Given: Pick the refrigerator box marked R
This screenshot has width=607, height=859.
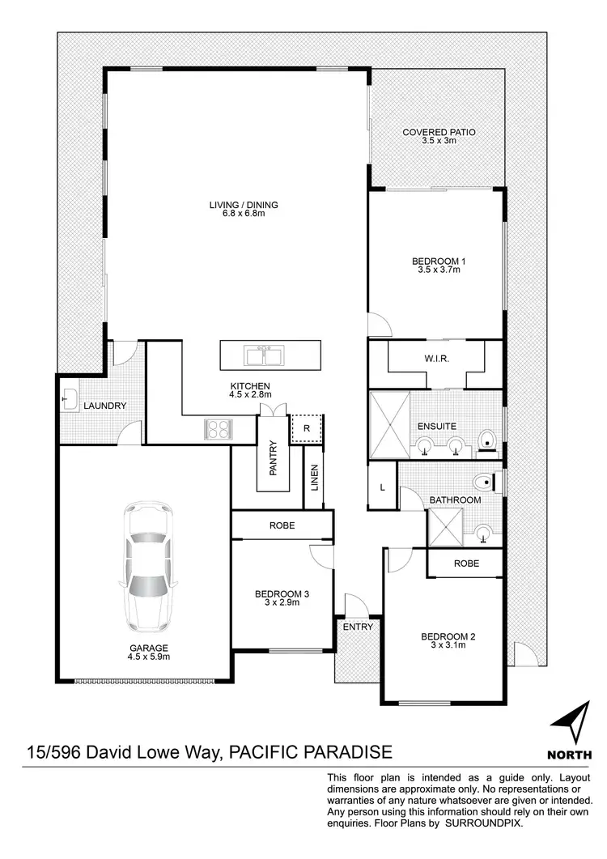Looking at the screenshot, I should [x=307, y=427].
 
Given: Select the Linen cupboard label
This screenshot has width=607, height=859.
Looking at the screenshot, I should [x=315, y=479].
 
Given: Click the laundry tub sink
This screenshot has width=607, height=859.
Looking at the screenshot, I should [x=69, y=399].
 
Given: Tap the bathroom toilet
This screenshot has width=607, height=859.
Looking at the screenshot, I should [x=483, y=482].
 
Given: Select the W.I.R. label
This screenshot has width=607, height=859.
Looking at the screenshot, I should [x=436, y=358].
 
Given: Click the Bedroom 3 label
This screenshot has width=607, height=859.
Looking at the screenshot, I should [x=282, y=595].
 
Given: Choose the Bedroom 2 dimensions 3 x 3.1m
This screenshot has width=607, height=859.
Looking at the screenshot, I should [x=448, y=646].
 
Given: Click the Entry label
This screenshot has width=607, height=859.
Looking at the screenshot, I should [x=358, y=627].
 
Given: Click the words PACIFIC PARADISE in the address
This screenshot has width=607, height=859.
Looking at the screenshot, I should [x=312, y=752].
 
